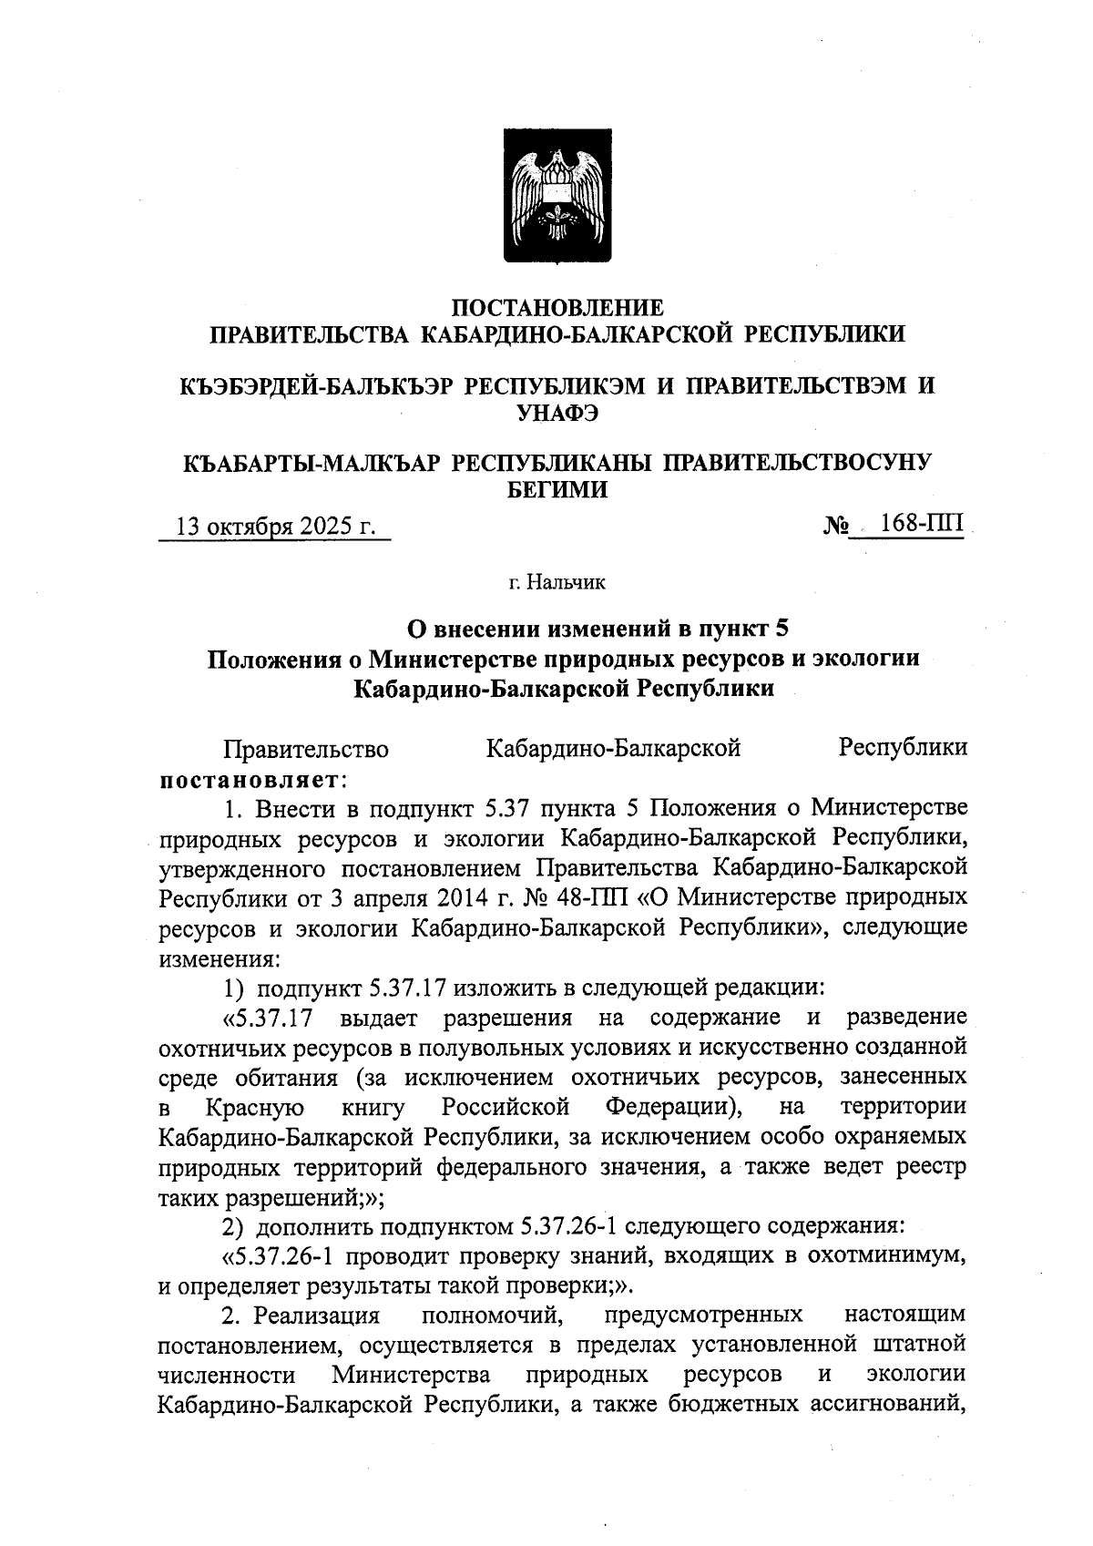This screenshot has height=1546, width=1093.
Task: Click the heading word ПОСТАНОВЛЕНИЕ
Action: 558,307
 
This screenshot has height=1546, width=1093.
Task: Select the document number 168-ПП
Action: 921,526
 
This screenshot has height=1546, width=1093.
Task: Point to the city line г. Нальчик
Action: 557,581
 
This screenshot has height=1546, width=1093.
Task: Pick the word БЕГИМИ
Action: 557,490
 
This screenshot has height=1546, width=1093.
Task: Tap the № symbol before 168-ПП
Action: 836,527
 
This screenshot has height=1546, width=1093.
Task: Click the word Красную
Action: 254,1108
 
